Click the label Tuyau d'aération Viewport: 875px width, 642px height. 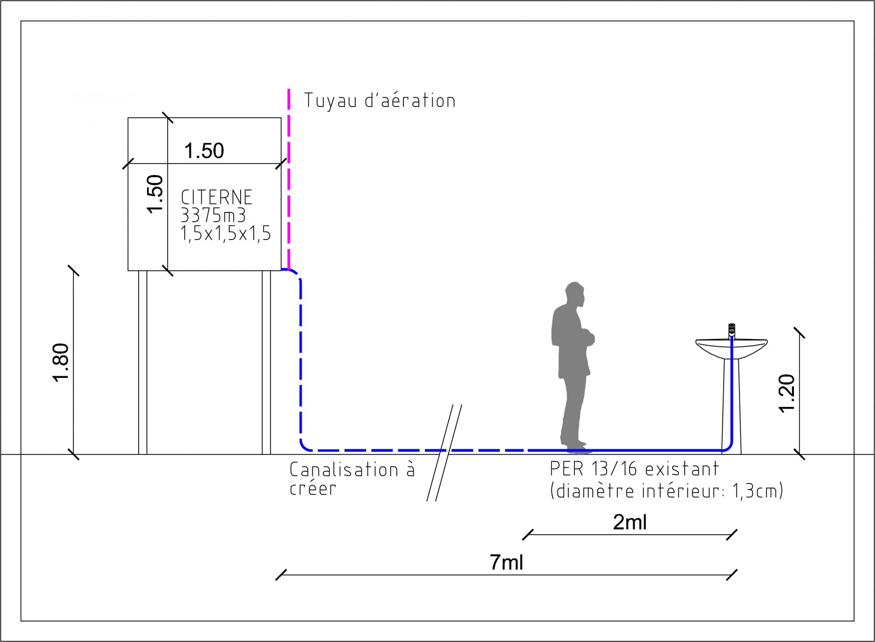pyautogui.click(x=379, y=101)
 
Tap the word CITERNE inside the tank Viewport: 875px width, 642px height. pyautogui.click(x=217, y=197)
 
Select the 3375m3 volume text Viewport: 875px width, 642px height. pyautogui.click(x=213, y=215)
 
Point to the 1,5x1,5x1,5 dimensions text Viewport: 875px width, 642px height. pyautogui.click(x=226, y=233)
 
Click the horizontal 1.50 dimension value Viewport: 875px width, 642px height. pyautogui.click(x=204, y=151)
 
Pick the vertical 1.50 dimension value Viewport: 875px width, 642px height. pyautogui.click(x=155, y=194)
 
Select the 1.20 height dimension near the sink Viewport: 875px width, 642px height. pyautogui.click(x=786, y=393)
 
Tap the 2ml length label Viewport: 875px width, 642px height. pyautogui.click(x=630, y=522)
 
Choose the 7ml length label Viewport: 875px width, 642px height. pyautogui.click(x=506, y=562)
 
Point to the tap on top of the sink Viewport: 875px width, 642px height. pyautogui.click(x=731, y=329)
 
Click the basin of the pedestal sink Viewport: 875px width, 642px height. pyautogui.click(x=731, y=348)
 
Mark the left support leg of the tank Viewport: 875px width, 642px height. pyautogui.click(x=143, y=362)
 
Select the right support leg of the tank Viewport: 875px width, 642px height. pyautogui.click(x=266, y=362)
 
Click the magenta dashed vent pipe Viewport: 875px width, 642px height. pyautogui.click(x=289, y=175)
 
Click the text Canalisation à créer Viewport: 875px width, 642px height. pyautogui.click(x=352, y=479)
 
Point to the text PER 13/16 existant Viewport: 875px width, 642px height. pyautogui.click(x=634, y=469)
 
